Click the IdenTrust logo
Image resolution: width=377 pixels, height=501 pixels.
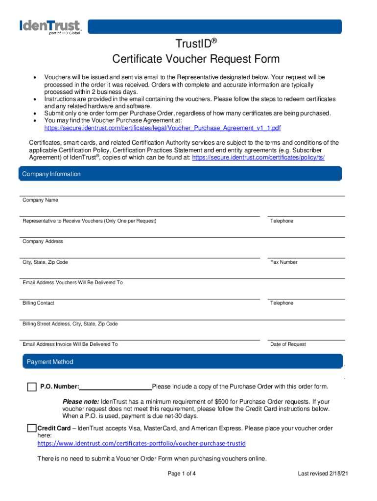(49, 26)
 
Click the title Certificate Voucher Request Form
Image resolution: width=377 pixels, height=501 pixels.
(196, 59)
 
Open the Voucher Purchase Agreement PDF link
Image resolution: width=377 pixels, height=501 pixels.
(162, 128)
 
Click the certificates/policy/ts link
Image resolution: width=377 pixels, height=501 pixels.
(258, 158)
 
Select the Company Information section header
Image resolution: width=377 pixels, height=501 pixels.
(51, 174)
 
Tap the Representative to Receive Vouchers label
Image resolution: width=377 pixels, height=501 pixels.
(89, 221)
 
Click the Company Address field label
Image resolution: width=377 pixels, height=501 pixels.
(43, 242)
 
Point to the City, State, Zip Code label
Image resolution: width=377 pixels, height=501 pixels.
(45, 262)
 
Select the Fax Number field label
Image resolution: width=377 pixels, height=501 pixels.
(283, 262)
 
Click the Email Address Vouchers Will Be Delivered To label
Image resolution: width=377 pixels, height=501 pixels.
(72, 283)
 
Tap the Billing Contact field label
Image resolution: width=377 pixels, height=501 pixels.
(38, 303)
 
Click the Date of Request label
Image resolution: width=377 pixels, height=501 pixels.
(288, 344)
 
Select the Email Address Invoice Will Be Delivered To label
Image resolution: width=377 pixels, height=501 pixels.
(70, 344)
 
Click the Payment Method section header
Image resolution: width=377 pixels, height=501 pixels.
(50, 362)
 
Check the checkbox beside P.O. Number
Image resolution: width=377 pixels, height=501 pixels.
(32, 387)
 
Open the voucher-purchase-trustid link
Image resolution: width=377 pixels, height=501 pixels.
(141, 443)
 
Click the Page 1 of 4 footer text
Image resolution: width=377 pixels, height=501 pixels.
(182, 474)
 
